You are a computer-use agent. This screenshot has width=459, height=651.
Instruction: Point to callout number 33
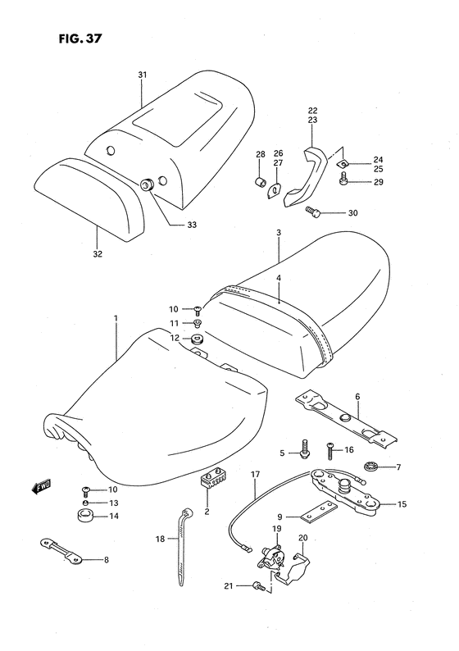click(192, 225)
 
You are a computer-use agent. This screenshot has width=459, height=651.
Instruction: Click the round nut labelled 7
click(368, 468)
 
